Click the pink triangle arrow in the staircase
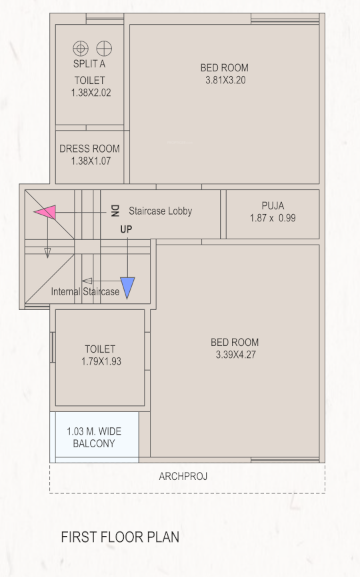45,211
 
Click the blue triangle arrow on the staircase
127,287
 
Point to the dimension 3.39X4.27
236,354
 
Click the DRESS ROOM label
89,149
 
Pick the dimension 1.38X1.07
89,161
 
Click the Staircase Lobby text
160,212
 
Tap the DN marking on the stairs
115,211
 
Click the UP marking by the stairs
126,230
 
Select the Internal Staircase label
86,292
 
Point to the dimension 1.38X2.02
89,92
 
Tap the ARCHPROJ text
183,477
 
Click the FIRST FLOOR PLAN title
120,537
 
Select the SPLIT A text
89,63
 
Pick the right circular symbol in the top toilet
100,48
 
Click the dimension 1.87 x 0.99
273,217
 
